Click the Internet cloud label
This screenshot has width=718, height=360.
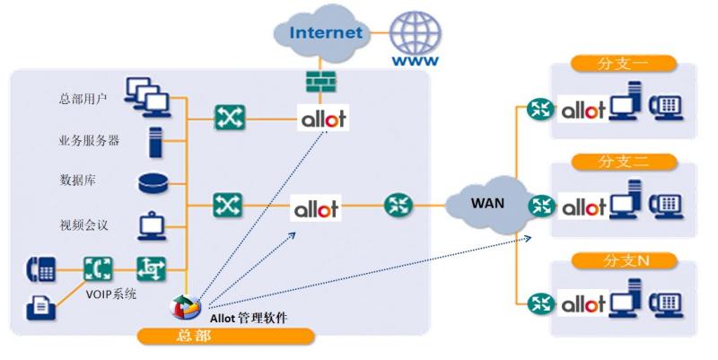[x=326, y=32]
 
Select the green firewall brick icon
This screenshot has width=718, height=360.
[x=320, y=82]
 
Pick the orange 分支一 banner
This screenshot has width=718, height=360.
[x=623, y=63]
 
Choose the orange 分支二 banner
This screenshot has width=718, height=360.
[x=624, y=162]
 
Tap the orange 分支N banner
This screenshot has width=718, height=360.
[x=624, y=260]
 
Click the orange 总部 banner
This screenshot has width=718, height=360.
[x=226, y=336]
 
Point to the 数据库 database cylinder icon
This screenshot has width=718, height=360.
[x=153, y=183]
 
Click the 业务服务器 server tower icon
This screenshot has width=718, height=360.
[x=155, y=143]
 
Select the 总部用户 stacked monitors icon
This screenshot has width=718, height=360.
[x=147, y=97]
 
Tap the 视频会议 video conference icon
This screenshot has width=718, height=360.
[x=152, y=225]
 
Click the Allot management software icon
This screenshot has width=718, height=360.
[x=186, y=306]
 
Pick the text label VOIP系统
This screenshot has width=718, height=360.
[x=110, y=294]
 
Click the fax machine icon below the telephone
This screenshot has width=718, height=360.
[x=40, y=307]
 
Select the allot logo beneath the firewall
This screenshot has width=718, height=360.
[x=323, y=119]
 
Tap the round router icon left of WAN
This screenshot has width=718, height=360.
[x=398, y=205]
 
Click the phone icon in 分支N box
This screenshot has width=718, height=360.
[x=666, y=303]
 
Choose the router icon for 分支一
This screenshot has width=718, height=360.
[x=541, y=110]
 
